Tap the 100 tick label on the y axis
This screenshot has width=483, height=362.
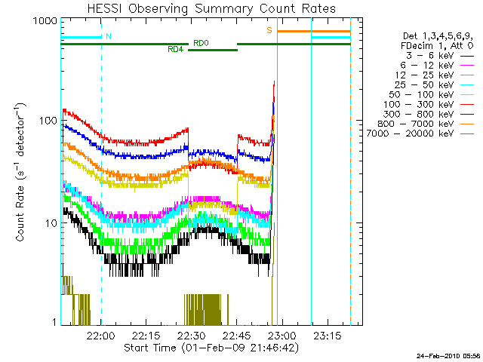pyautogui.click(x=47, y=121)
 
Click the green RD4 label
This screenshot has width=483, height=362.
pyautogui.click(x=174, y=50)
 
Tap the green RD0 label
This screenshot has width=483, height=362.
pyautogui.click(x=201, y=43)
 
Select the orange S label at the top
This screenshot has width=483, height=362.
pyautogui.click(x=269, y=30)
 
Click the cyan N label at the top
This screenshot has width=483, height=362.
pyautogui.click(x=109, y=36)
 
